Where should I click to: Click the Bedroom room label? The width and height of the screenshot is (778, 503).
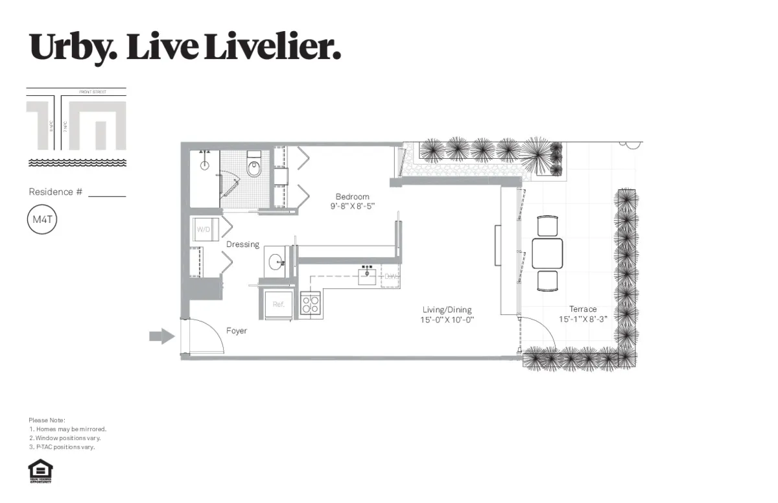[352, 196]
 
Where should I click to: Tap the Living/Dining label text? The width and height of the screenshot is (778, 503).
[447, 310]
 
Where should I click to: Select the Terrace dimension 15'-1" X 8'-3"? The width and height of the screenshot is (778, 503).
[583, 319]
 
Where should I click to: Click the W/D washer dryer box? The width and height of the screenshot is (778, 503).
[204, 229]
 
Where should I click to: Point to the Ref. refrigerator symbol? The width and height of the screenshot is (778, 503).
[279, 304]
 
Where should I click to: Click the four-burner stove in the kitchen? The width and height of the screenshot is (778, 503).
[310, 303]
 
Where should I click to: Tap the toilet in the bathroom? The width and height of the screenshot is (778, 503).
[253, 166]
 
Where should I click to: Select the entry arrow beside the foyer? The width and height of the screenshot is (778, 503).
[161, 336]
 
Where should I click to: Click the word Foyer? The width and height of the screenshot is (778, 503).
[237, 331]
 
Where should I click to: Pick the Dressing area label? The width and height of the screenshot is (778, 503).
[242, 244]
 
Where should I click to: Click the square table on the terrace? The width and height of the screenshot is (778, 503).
[547, 253]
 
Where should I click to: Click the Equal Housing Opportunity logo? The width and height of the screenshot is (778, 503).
[41, 471]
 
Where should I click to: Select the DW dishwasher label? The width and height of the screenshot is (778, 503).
[390, 277]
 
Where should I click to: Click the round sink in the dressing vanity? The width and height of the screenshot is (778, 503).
[276, 263]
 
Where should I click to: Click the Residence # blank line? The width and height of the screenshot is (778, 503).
[107, 194]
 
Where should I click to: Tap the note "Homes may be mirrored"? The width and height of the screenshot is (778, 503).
[68, 429]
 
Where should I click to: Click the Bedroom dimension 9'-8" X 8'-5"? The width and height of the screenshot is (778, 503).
[352, 206]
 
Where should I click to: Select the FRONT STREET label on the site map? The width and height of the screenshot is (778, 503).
[92, 92]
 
